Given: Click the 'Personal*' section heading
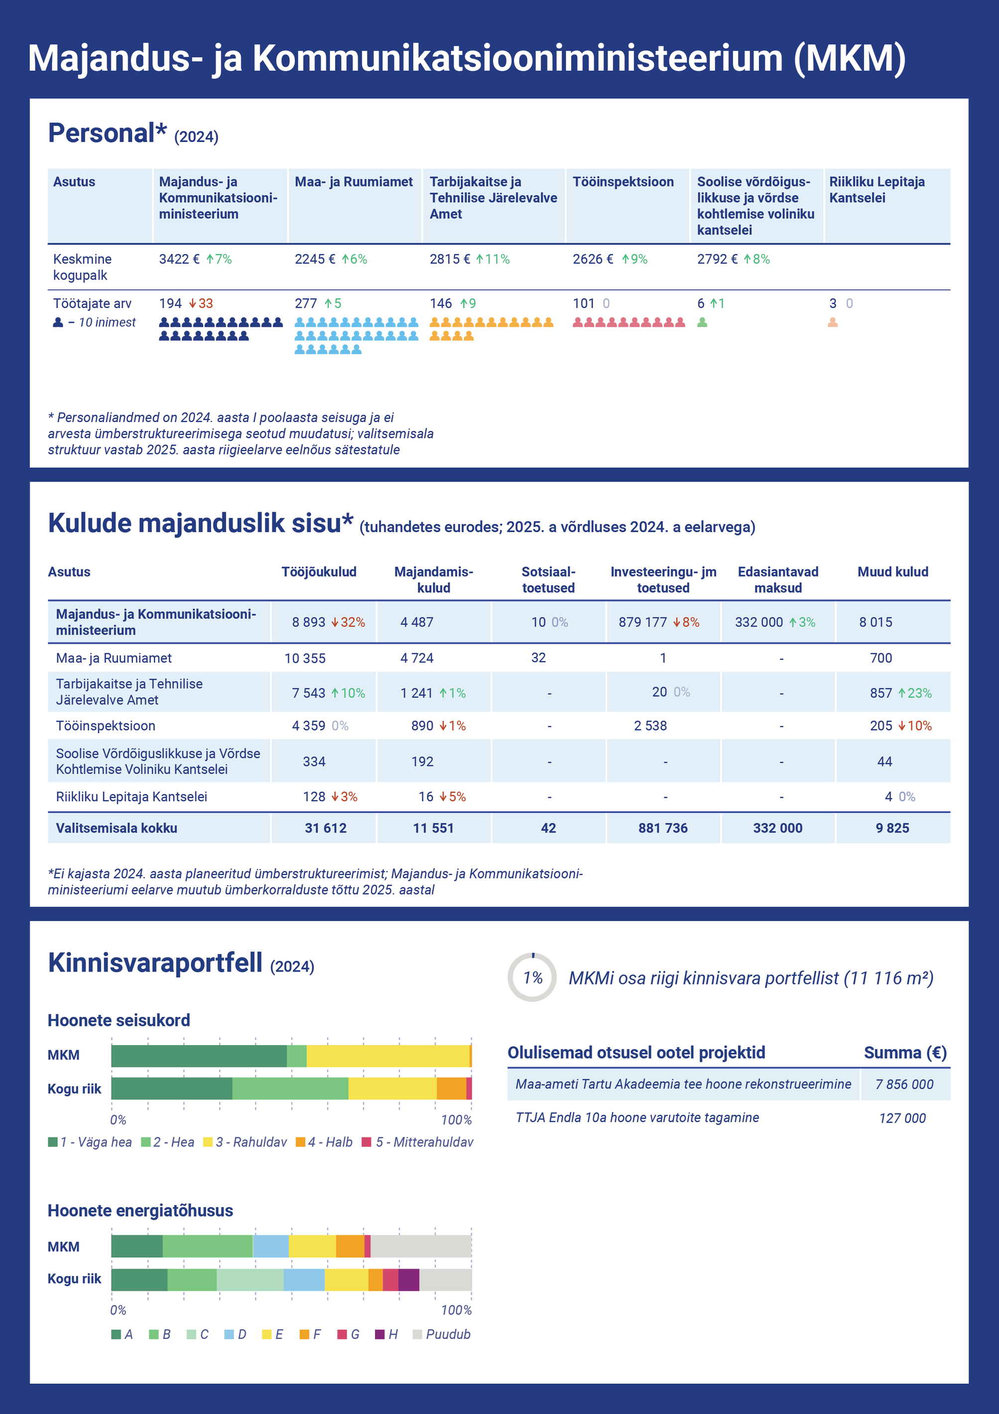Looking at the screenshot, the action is [107, 133].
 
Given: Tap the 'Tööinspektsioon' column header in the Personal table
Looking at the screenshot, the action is [623, 182].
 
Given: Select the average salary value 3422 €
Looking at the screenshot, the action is [179, 259].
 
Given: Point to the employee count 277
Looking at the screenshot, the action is [305, 303].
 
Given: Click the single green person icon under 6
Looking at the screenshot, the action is [702, 322].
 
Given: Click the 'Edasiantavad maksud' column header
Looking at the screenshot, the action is [778, 579].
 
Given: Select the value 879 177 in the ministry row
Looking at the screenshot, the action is [642, 622].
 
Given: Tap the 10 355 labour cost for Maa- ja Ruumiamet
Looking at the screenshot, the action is [305, 658].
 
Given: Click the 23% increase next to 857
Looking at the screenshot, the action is [915, 693].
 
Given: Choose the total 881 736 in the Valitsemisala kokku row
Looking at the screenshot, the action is [663, 829].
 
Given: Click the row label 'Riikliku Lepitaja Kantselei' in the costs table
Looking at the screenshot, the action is [132, 797].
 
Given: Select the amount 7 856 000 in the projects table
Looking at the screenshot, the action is [904, 1085].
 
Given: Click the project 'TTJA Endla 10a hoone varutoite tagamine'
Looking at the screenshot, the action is [637, 1118].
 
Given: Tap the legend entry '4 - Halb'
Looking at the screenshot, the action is [324, 1142].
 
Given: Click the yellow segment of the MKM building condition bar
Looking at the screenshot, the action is [388, 1056].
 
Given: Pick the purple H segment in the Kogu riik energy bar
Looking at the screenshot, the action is [409, 1280].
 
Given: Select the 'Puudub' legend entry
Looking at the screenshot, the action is [441, 1335].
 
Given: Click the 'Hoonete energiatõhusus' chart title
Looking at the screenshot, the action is [140, 1211].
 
